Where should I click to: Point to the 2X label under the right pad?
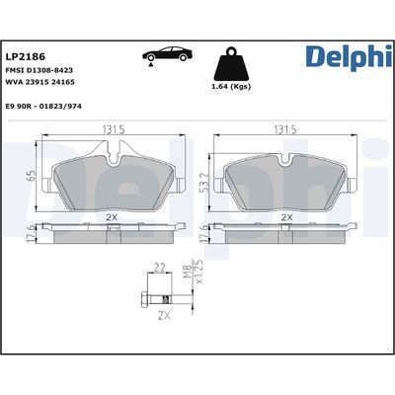[x=285, y=216]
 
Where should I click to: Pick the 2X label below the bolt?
[x=166, y=315]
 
